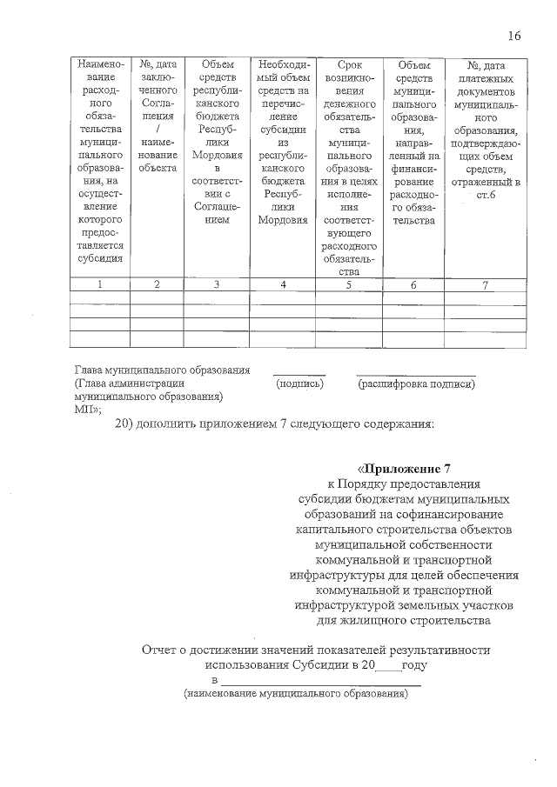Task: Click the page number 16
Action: [x=513, y=36]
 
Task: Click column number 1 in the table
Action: [x=101, y=284]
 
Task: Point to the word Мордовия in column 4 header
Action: [x=284, y=221]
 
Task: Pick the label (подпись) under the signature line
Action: [x=300, y=383]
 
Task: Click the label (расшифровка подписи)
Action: [x=416, y=383]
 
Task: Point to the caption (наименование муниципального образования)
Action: [x=295, y=695]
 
